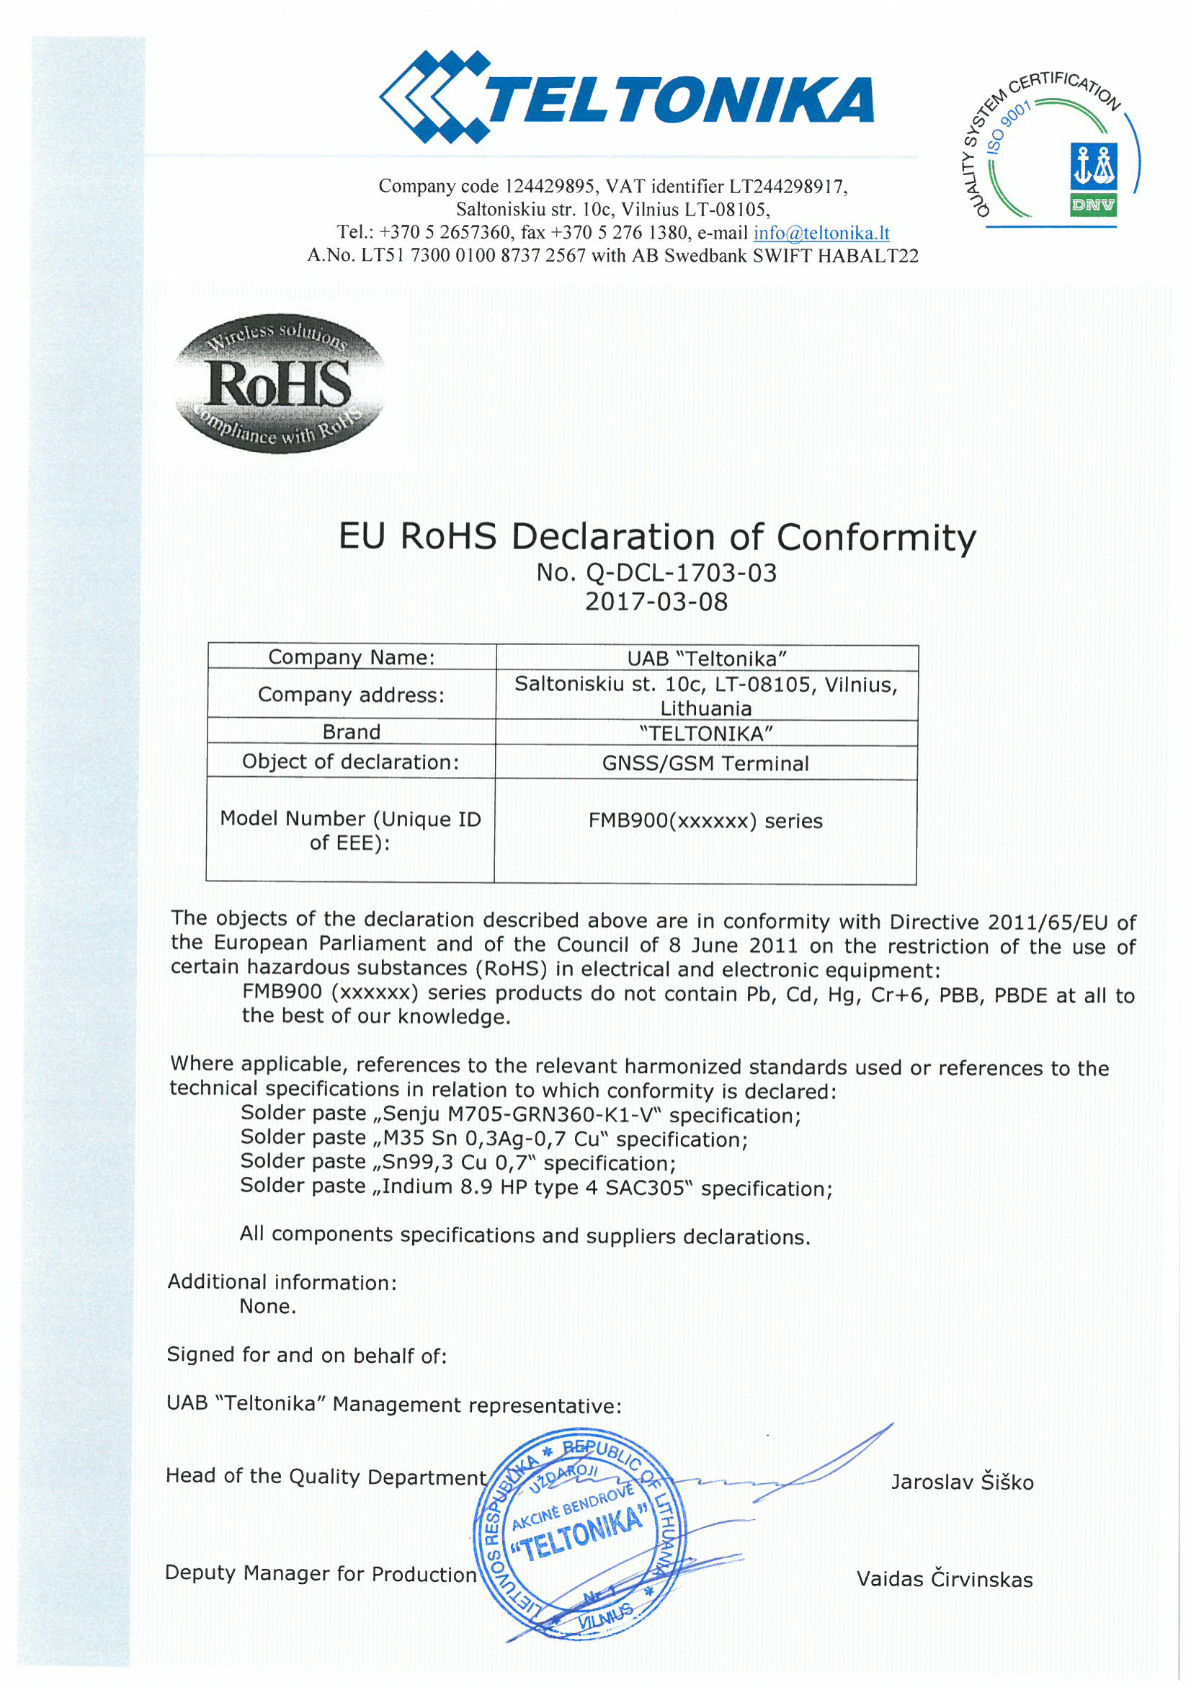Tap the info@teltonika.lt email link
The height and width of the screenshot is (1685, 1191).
point(821,233)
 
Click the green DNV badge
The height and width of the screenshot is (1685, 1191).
point(1094,205)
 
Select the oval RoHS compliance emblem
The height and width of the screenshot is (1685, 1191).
point(279,384)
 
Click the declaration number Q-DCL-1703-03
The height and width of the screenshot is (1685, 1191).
point(680,573)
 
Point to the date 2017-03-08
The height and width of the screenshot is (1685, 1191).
point(656,603)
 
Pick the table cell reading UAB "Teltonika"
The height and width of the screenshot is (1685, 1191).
point(707,658)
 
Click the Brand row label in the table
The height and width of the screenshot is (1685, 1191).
point(352,732)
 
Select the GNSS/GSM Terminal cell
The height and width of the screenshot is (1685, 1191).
point(705,764)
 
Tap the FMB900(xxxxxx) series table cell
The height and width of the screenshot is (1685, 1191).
point(705,820)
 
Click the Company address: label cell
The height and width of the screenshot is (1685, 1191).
point(352,694)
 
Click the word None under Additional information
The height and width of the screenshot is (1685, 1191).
point(267,1307)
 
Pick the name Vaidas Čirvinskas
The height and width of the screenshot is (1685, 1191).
point(945,1579)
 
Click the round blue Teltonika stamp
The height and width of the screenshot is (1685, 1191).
point(580,1534)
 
